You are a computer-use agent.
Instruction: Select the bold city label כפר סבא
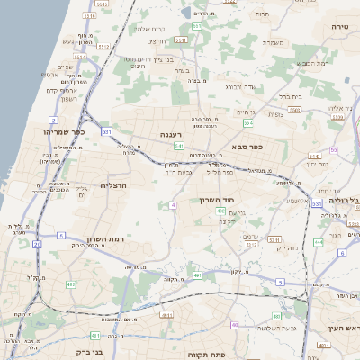pyautogui.click(x=246, y=147)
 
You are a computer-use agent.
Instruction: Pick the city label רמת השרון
pyautogui.click(x=103, y=239)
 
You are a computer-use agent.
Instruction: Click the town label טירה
pyautogui.click(x=339, y=28)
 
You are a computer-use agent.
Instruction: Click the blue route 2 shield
pyautogui.click(x=54, y=120)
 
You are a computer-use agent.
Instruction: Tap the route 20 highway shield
pyautogui.click(x=37, y=244)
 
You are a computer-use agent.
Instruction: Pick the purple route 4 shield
pyautogui.click(x=172, y=205)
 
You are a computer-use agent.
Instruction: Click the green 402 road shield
pyautogui.click(x=220, y=211)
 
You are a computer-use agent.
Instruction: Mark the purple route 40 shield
pyautogui.click(x=235, y=325)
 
